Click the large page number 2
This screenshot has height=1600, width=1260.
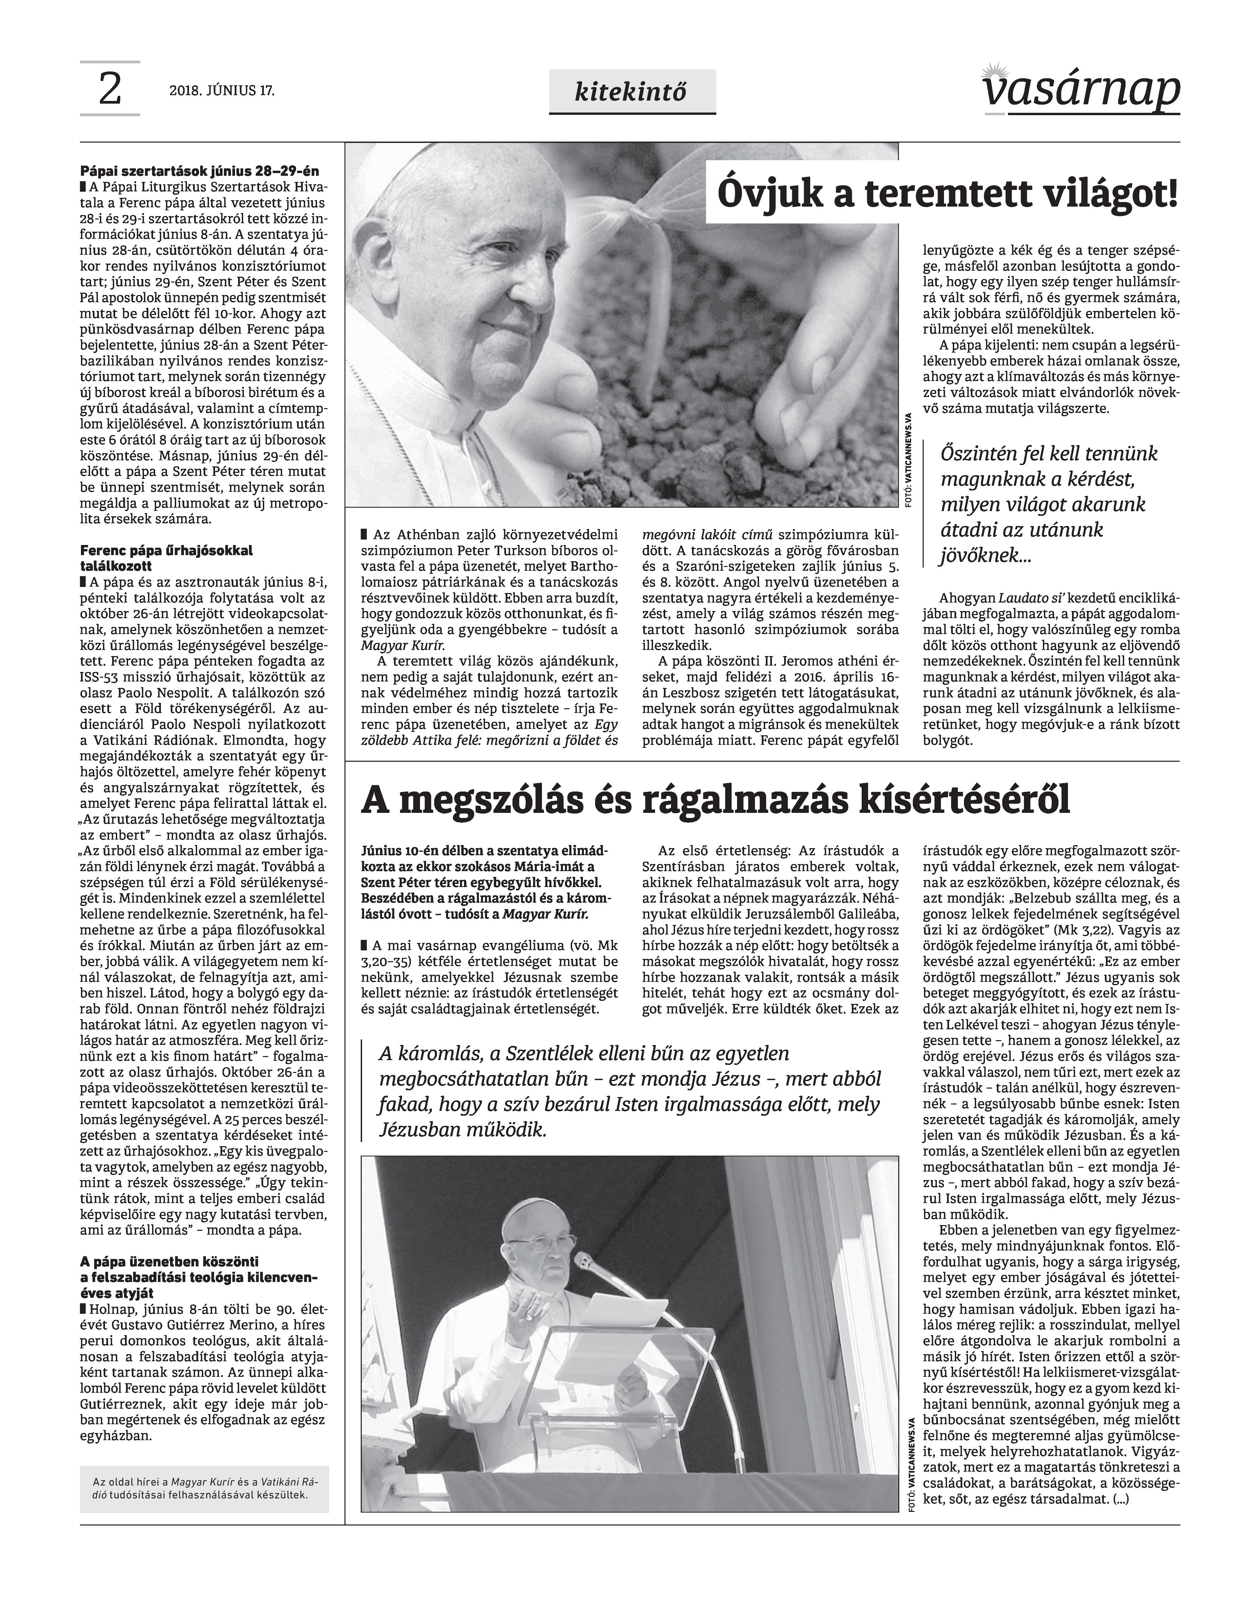(x=109, y=90)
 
